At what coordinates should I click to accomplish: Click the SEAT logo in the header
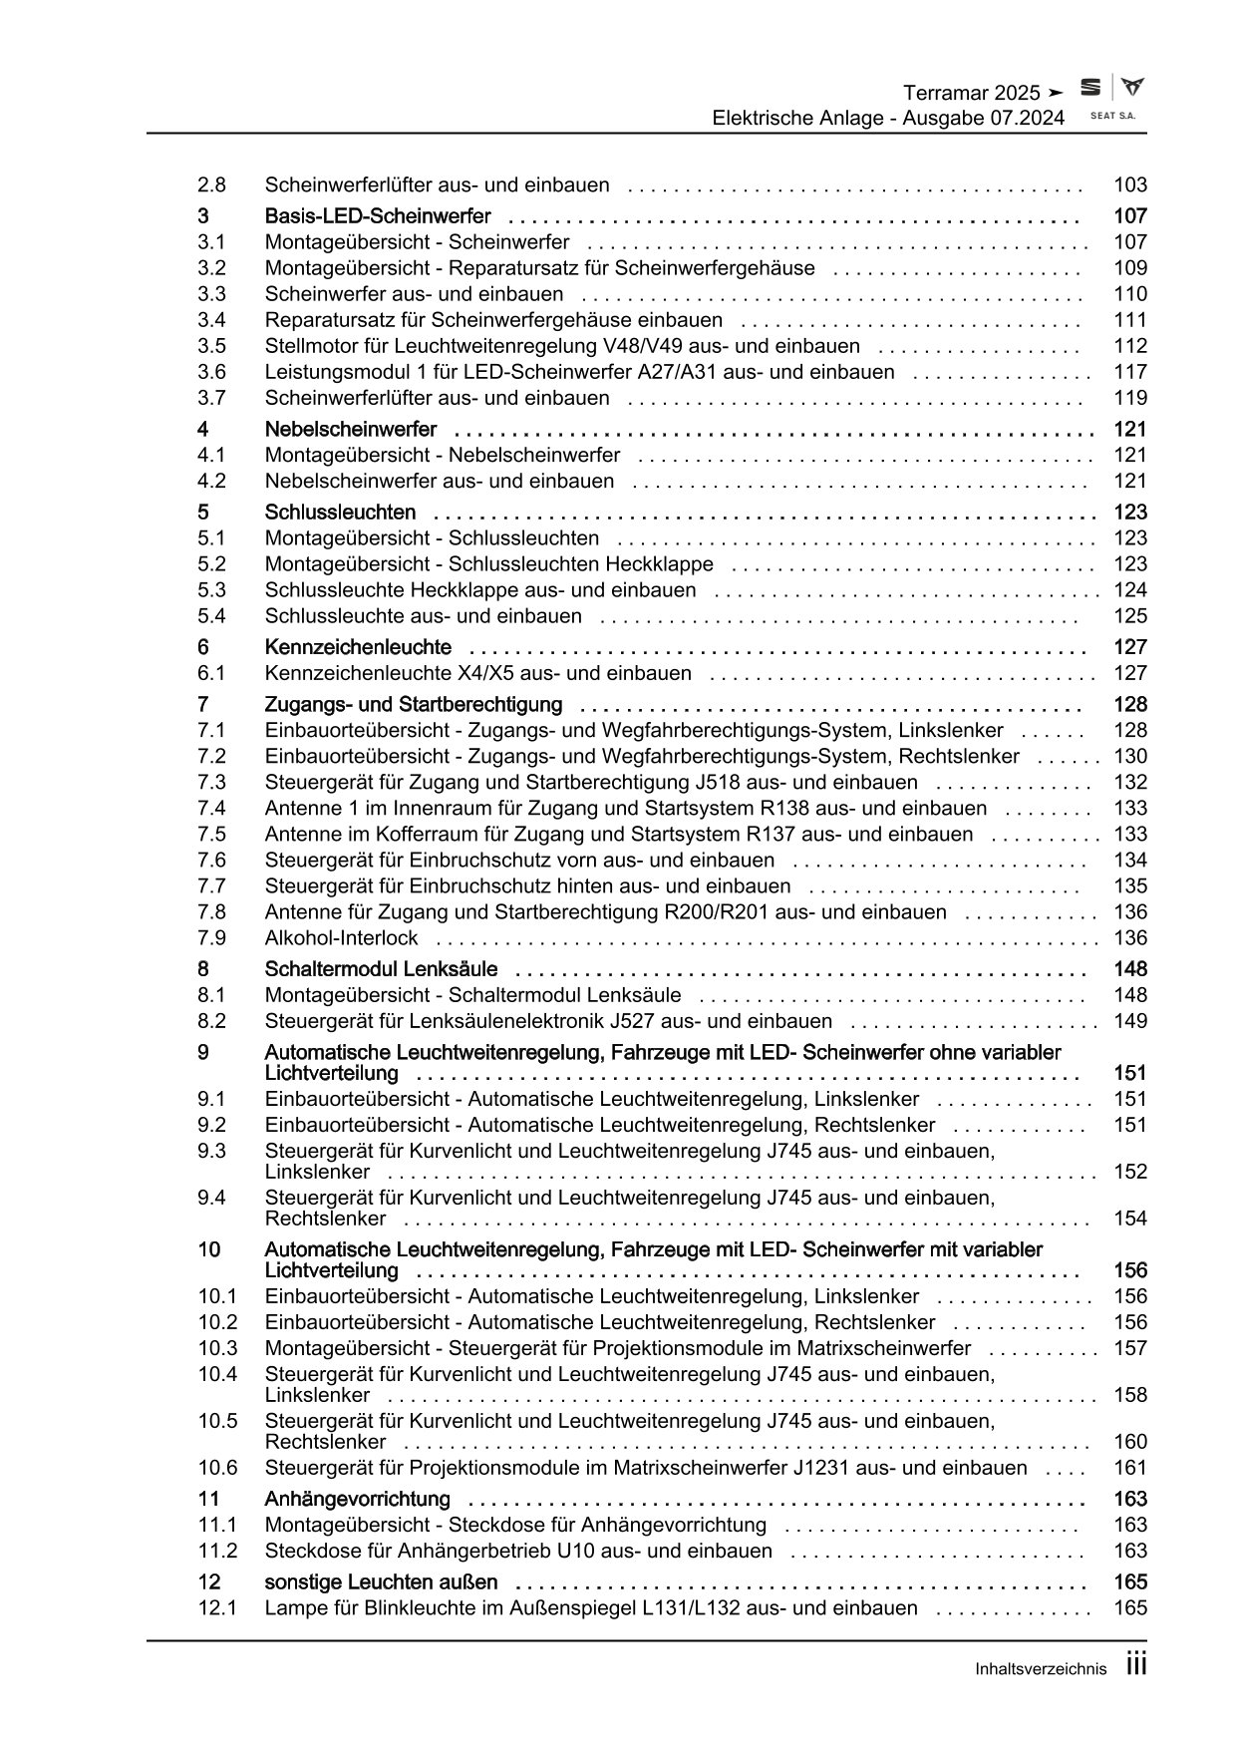point(1091,89)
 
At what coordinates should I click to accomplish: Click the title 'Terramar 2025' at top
point(971,93)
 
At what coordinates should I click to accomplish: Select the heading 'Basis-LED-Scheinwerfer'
point(378,216)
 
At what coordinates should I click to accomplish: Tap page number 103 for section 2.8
point(1130,184)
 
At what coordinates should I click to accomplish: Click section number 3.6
point(211,372)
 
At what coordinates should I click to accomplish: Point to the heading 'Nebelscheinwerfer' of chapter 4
point(351,430)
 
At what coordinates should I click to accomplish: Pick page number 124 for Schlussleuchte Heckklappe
point(1130,590)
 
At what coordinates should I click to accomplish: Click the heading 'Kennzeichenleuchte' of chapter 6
point(358,647)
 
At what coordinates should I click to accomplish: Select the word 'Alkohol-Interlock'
point(341,938)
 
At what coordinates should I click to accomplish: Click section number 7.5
point(211,835)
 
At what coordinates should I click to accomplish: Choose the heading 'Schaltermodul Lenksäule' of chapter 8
point(381,969)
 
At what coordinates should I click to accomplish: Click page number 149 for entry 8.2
point(1130,1021)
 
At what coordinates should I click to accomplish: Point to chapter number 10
point(208,1249)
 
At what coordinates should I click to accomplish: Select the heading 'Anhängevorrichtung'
point(357,1500)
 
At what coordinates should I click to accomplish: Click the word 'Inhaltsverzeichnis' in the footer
point(1041,1669)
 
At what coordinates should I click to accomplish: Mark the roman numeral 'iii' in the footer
point(1135,1665)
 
